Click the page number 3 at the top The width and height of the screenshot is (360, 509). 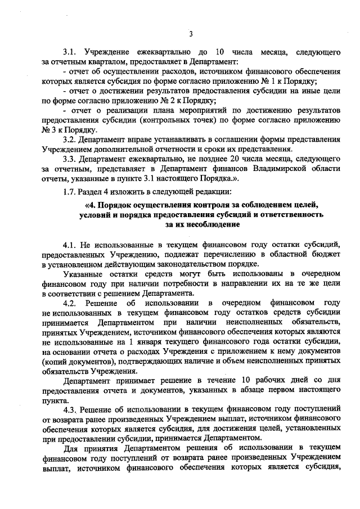point(191,34)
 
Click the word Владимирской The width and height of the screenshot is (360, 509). point(278,169)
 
